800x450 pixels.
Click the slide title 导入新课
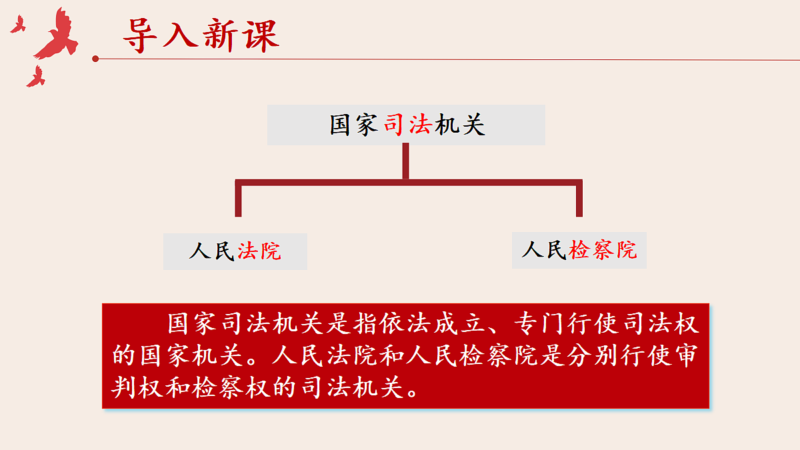tap(200, 35)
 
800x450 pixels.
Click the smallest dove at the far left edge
tap(17, 25)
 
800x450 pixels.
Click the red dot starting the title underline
tap(95, 59)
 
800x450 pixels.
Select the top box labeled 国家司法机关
tap(406, 125)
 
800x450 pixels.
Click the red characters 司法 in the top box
tap(407, 125)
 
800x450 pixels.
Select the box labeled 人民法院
tap(235, 251)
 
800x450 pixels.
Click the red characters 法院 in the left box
tap(259, 251)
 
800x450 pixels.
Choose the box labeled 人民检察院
tap(579, 250)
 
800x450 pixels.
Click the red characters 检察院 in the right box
tap(603, 250)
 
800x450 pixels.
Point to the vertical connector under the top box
tap(405, 161)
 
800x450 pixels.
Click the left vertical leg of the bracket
tap(238, 200)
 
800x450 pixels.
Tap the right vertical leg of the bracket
tap(579, 200)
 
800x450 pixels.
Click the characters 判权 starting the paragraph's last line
tap(139, 387)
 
